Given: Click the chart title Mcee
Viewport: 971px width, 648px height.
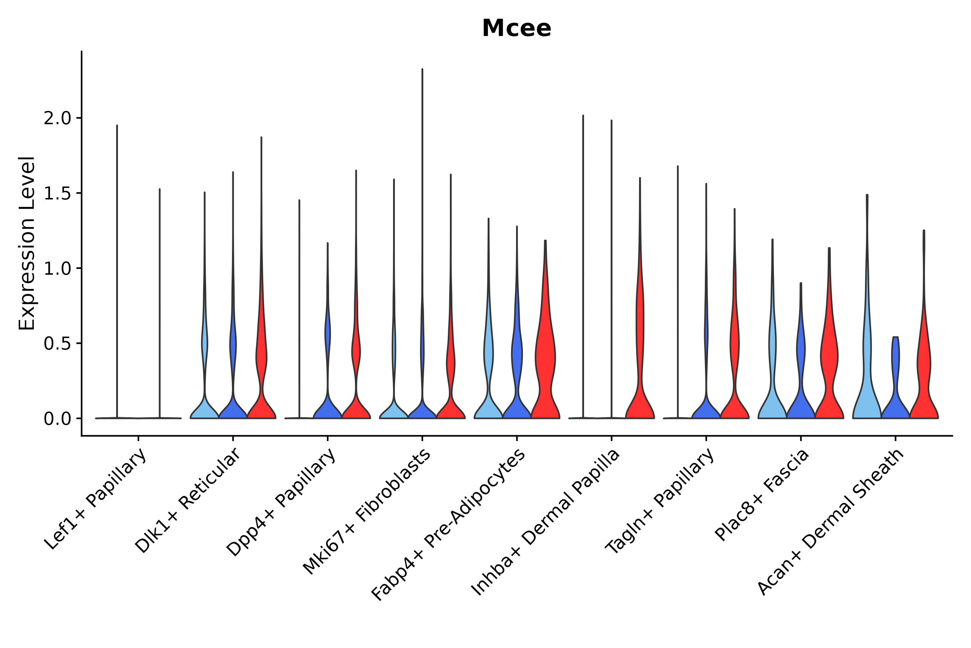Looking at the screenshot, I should pos(516,28).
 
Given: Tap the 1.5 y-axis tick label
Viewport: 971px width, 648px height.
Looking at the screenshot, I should pos(58,194).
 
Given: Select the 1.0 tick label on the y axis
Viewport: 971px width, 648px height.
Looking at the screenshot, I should pos(58,269).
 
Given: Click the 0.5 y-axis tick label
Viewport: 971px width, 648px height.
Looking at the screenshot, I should pos(58,344).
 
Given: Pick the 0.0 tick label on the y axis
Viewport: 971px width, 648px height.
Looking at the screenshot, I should pos(58,419).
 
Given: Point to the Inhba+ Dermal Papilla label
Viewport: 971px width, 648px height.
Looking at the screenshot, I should pos(545,522).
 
